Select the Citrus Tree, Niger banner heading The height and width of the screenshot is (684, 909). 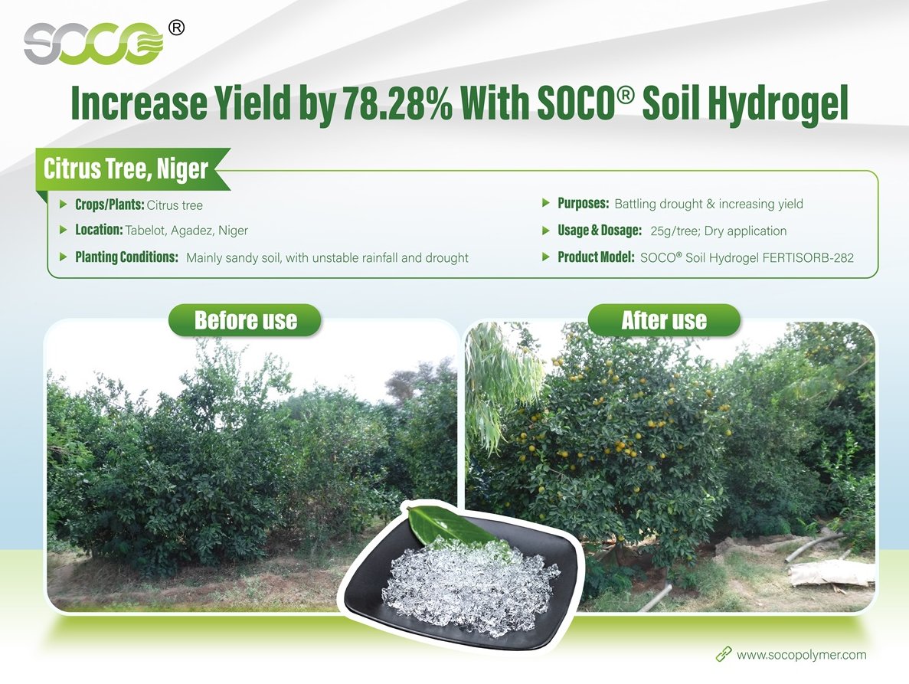coord(126,169)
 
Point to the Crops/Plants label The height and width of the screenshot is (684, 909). coord(110,205)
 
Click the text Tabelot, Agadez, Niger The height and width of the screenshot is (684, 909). coord(187,230)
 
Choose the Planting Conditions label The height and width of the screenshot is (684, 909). coord(126,257)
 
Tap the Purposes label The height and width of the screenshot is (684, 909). coord(584,204)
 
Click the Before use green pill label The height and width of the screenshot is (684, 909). coord(245,320)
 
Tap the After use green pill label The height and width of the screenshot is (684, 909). coord(665,320)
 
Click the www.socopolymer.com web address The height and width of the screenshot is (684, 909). coord(801,654)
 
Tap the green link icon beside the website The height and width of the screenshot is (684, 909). coord(724,655)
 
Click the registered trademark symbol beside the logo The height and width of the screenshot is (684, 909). coord(176,28)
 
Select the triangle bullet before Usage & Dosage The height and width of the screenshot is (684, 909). coord(545,230)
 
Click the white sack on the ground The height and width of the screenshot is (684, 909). coord(832,573)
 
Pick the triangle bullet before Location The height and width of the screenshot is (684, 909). coord(64,230)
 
